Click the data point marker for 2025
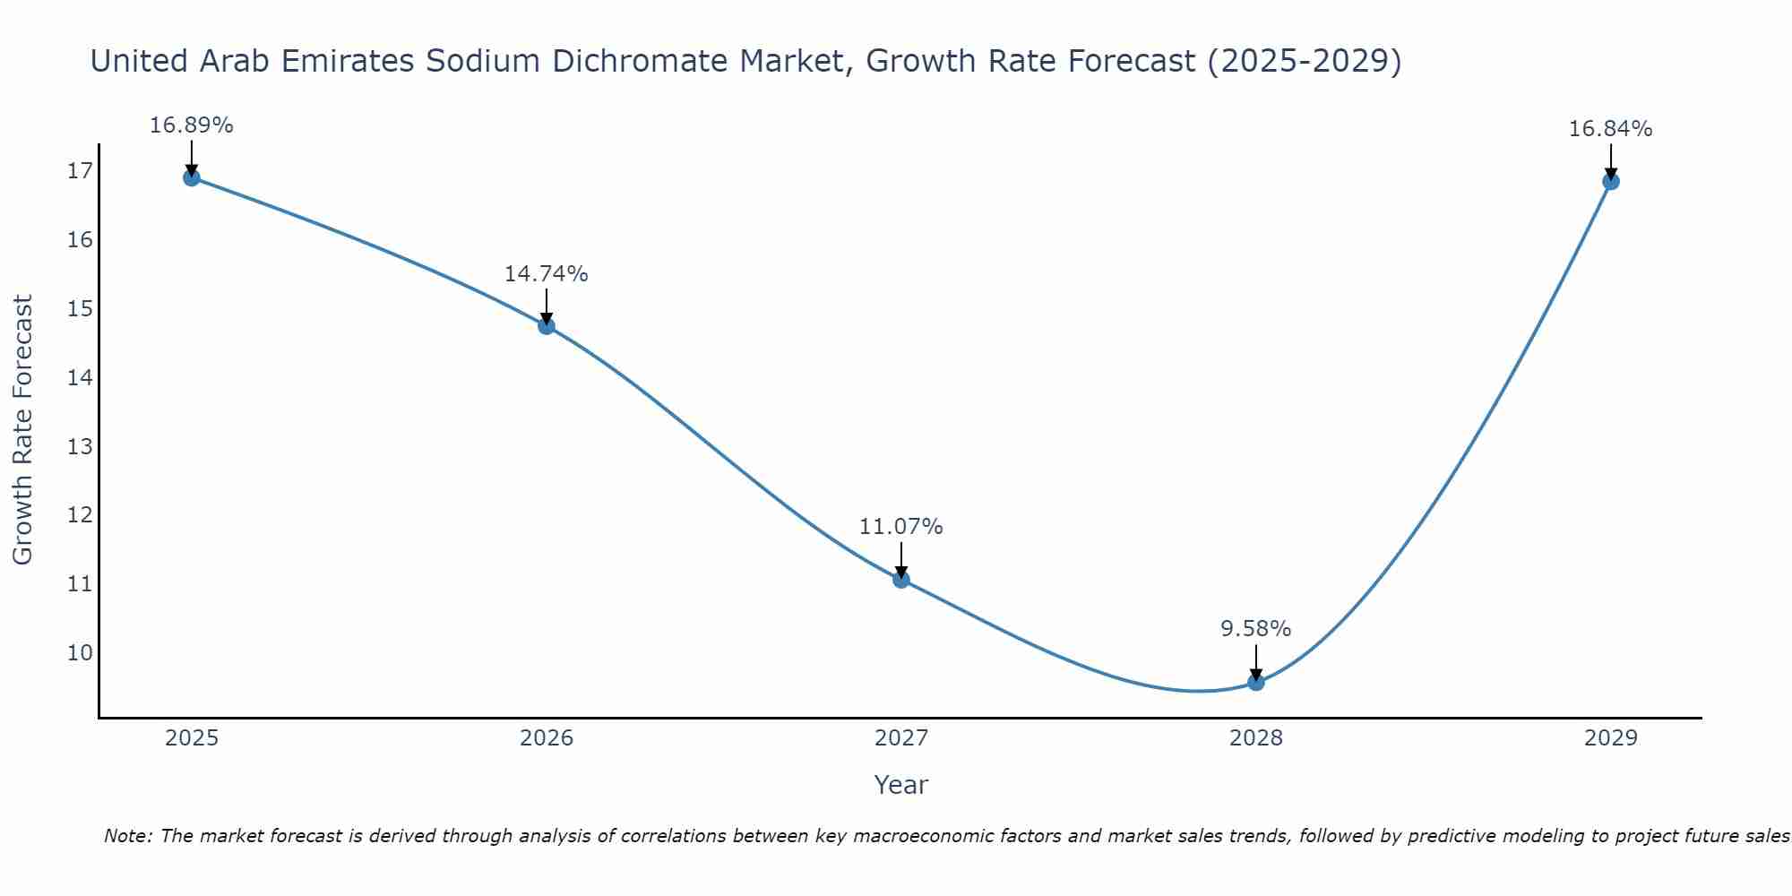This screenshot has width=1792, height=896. [191, 177]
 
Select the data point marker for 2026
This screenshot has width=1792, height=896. [547, 325]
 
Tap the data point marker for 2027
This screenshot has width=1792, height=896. [901, 579]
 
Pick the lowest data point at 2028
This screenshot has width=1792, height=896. [1256, 682]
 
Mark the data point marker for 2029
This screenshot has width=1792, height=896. [1610, 181]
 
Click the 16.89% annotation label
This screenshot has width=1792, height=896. [191, 125]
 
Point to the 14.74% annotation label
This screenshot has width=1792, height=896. [546, 274]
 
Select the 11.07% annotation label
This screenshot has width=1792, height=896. [900, 527]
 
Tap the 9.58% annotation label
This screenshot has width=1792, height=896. [1255, 629]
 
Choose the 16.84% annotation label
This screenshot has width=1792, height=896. [1610, 129]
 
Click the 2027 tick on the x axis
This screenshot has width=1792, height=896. [901, 738]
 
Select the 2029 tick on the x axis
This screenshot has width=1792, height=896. [1610, 738]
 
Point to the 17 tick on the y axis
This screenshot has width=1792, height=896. [80, 171]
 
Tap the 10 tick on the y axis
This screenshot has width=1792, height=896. [80, 652]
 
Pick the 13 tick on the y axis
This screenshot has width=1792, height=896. [80, 446]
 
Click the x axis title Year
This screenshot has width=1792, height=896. [900, 785]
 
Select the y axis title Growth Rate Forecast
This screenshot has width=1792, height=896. [22, 430]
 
